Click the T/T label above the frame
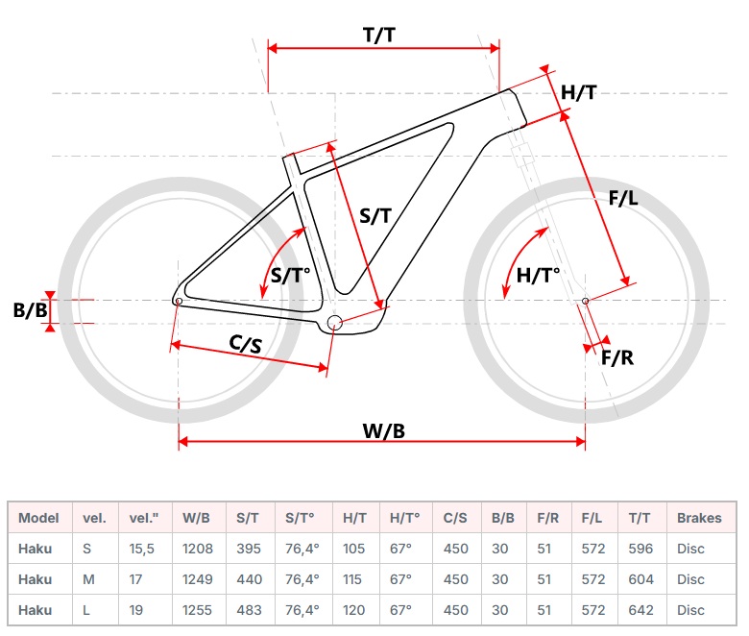[x=380, y=36]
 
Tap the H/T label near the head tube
[x=579, y=92]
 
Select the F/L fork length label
[x=624, y=199]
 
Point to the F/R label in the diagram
[x=617, y=358]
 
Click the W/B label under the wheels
[x=383, y=431]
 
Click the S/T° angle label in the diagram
[x=291, y=277]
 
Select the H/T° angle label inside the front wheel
[x=538, y=277]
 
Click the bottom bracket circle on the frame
[x=334, y=322]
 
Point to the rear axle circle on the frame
[x=179, y=301]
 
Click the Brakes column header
[x=699, y=518]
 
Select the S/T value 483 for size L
[x=249, y=610]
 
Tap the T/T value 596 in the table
[x=640, y=549]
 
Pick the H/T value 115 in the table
[x=355, y=579]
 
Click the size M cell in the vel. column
[x=88, y=579]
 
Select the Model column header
[x=38, y=518]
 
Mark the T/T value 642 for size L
[x=640, y=610]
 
